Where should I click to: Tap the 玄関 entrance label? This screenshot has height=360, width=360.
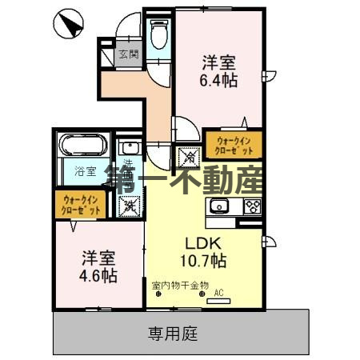[x=129, y=54]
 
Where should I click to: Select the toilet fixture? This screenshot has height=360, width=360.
[x=158, y=34]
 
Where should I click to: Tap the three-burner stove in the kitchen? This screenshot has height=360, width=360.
[x=252, y=206]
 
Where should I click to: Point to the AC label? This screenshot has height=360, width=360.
[x=217, y=294]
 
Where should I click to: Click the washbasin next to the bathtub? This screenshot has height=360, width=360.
[x=128, y=149]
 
